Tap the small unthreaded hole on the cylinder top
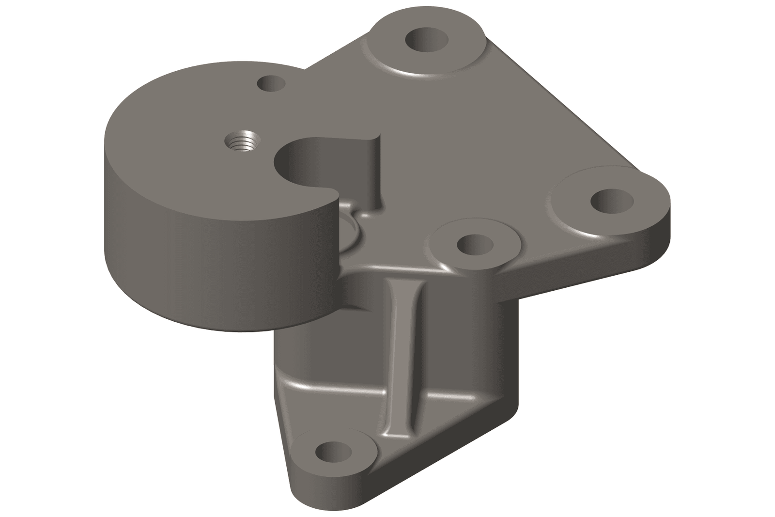(x=271, y=84)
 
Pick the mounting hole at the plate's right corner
(x=612, y=200)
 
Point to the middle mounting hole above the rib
(x=475, y=244)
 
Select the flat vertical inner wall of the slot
(x=373, y=170)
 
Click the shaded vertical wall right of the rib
(x=465, y=339)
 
